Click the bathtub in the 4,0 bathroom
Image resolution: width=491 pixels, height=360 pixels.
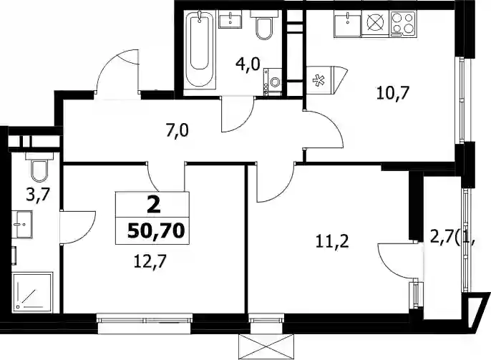coord(200,49)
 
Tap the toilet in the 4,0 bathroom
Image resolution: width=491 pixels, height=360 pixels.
coord(264,25)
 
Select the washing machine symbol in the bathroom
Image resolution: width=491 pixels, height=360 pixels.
coord(273,82)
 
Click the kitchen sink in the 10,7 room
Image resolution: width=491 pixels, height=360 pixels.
coord(348,24)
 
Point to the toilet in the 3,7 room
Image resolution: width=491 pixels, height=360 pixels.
coord(39,167)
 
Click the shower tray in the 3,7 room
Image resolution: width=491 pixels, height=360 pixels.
coord(32,292)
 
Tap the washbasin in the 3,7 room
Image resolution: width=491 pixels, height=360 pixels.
coord(22,224)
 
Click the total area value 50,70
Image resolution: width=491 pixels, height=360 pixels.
coord(155,231)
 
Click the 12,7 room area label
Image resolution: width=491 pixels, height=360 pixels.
coord(150,262)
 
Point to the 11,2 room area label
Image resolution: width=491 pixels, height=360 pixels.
coord(332,242)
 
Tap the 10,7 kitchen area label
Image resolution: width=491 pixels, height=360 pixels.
coord(393,93)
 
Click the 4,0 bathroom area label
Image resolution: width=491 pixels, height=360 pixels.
coord(248,65)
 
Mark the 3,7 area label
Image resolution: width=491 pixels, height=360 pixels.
coord(38,197)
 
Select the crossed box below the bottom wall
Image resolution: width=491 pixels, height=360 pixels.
coord(266,347)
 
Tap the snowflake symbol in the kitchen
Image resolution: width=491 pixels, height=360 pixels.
coord(319,80)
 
